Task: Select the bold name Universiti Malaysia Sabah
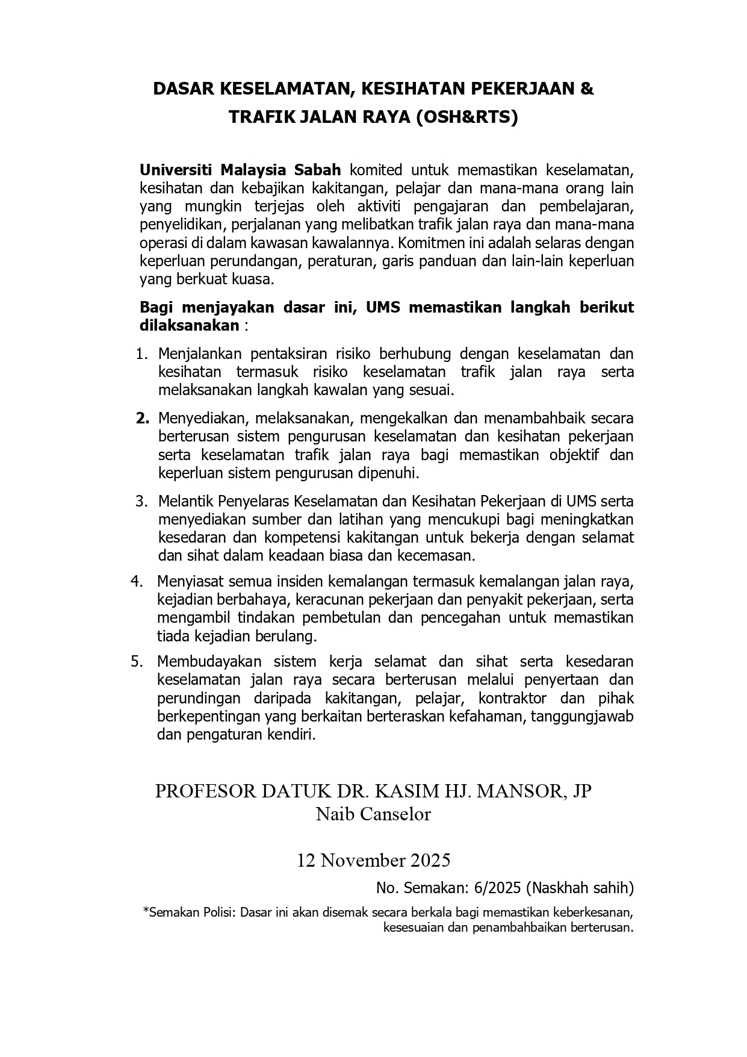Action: [x=240, y=169]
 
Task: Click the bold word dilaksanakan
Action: [x=189, y=326]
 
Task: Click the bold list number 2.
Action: [x=142, y=418]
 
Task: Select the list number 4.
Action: [x=137, y=581]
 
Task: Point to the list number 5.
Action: [x=137, y=661]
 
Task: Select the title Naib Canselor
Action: [x=373, y=814]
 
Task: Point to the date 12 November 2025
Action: [x=373, y=860]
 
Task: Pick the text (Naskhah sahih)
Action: [x=580, y=888]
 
